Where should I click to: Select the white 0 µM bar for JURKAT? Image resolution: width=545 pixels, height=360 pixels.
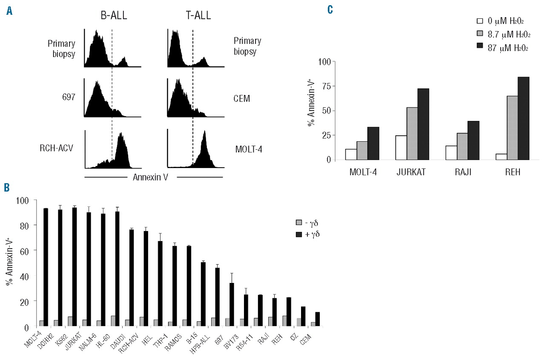tap(402, 148)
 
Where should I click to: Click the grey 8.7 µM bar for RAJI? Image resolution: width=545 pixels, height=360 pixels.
tap(450, 146)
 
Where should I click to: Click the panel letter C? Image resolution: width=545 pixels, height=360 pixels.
tap(330, 9)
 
